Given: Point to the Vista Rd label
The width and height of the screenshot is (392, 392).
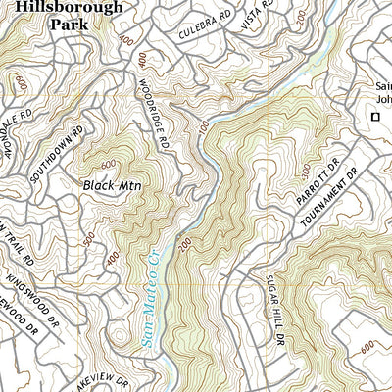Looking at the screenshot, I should coord(258,17).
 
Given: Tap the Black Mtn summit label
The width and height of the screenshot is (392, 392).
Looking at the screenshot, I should coord(110,184).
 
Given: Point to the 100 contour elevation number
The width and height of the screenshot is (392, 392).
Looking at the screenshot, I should coord(203,128).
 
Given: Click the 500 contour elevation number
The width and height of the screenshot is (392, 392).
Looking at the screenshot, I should coord(89,238).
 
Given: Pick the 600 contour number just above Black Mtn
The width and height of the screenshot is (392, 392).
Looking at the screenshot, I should coord(107,164).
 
